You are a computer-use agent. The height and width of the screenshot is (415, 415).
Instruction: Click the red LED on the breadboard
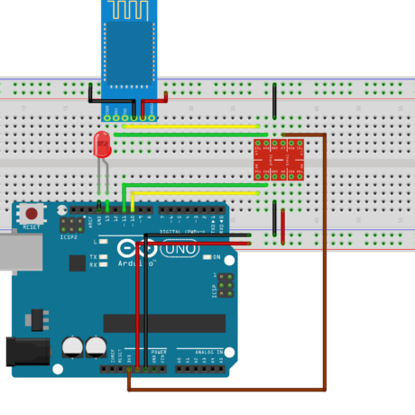point(102,144)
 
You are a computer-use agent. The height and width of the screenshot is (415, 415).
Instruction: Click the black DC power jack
point(23,351)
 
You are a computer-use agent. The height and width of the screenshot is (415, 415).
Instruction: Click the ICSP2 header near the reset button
point(69,223)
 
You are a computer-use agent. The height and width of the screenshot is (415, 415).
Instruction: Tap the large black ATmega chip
point(163,323)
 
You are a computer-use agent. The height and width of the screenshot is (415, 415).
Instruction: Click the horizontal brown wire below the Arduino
point(226,390)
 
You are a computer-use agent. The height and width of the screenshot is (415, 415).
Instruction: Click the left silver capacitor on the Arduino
point(72,346)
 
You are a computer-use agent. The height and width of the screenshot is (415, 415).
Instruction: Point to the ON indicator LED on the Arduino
point(206,257)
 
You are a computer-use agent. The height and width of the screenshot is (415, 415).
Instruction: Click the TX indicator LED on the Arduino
point(106,257)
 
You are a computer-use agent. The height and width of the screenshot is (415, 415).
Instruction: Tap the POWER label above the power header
point(159,351)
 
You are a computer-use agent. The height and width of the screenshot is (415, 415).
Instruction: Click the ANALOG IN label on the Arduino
point(202,351)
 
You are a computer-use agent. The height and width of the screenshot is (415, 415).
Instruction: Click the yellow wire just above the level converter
point(189,126)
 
